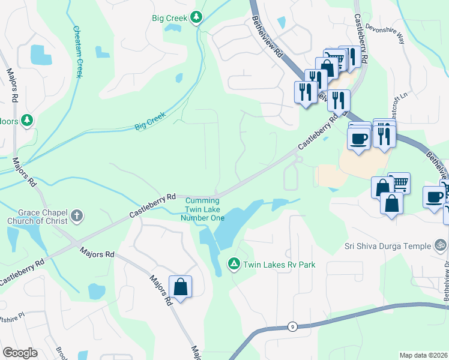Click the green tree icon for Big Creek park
[196, 18]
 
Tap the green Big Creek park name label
[169, 18]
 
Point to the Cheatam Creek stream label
[78, 52]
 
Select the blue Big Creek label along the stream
[149, 122]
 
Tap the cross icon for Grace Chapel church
[77, 215]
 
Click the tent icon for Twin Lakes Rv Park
[234, 263]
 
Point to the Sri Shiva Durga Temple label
[388, 246]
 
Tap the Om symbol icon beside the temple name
[441, 245]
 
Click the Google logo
[20, 353]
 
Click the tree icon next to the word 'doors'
[26, 121]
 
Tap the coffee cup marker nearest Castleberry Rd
[359, 139]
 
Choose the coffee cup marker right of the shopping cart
[433, 197]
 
